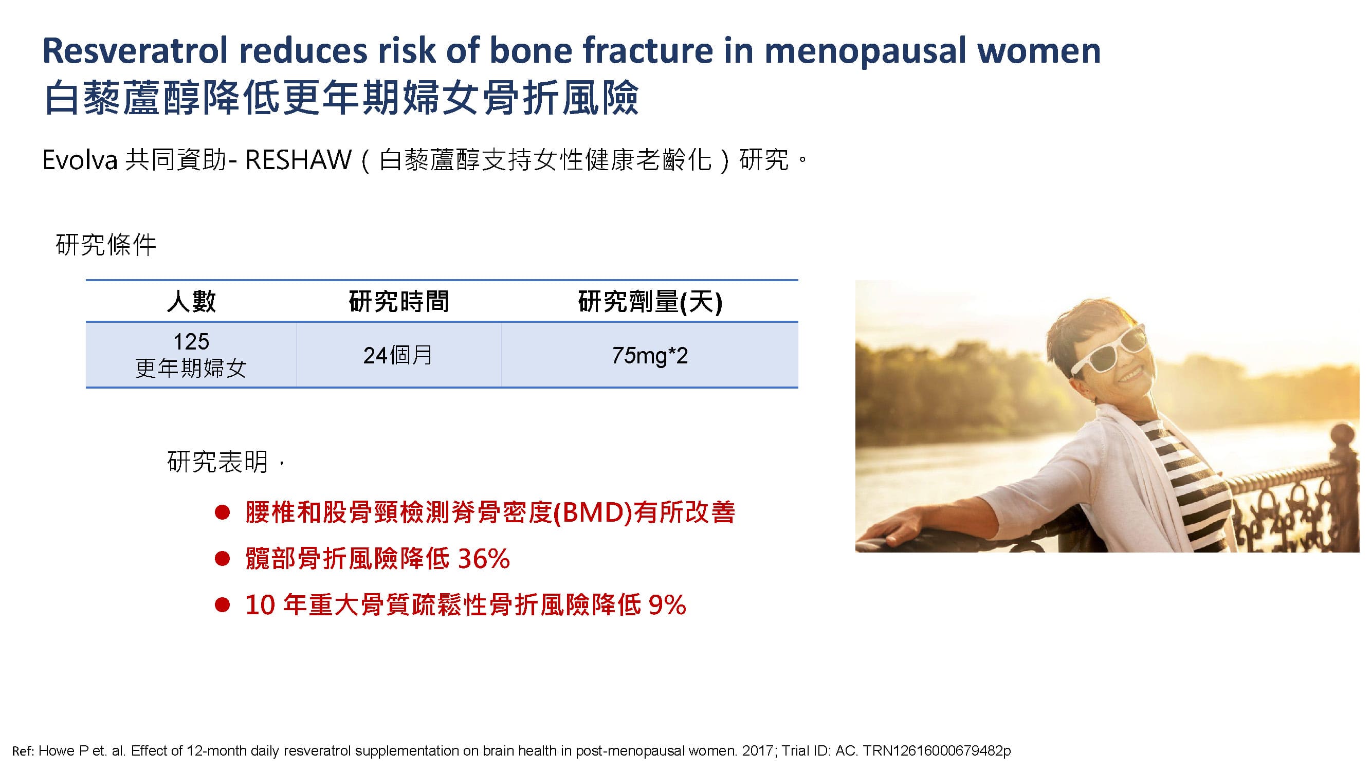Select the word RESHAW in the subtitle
pos(299,160)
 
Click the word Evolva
pos(80,160)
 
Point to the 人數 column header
pos(191,301)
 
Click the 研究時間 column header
pos(398,301)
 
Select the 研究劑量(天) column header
pos(650,302)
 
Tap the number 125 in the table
pos(191,341)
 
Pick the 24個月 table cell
pos(397,355)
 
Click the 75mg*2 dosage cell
pos(650,355)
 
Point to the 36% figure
pos(484,559)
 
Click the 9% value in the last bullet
pos(667,604)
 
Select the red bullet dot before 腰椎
pos(222,512)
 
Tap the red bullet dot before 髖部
pos(222,559)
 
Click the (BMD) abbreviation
pos(593,512)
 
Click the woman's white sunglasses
pos(1109,351)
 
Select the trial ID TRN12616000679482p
pos(937,751)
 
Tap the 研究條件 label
pos(106,245)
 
